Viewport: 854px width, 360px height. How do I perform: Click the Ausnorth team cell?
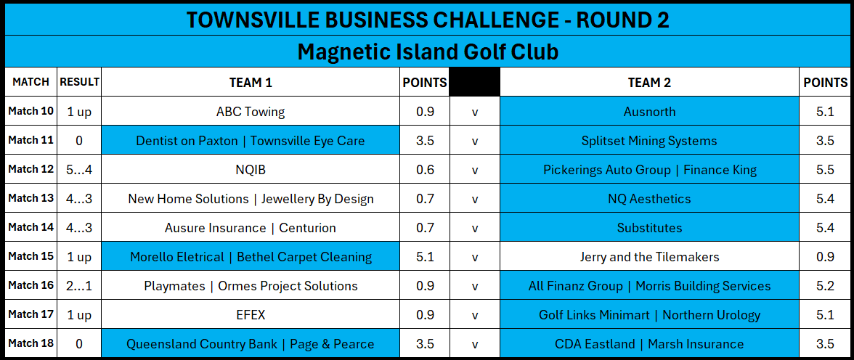649,112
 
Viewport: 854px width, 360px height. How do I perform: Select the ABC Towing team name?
251,112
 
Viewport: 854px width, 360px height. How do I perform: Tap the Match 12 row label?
30,169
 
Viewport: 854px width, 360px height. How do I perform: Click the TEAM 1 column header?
251,82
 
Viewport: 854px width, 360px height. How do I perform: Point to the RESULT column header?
80,82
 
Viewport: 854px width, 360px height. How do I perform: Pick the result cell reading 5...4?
80,170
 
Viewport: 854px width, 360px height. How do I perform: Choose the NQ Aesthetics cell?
649,199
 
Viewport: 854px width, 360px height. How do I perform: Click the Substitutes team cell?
649,228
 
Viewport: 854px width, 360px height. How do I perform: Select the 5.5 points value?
825,170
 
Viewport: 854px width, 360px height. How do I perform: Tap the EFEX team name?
251,315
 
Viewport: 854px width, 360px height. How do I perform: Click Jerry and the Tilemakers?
649,257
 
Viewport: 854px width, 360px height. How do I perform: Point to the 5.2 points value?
825,286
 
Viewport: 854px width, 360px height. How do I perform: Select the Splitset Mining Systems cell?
649,141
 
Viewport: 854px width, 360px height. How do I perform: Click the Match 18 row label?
30,343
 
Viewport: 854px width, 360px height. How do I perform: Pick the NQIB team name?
251,170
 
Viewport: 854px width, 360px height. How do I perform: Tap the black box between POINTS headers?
474,82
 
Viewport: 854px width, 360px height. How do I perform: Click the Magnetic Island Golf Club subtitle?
428,52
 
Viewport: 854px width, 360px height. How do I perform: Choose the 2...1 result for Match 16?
80,286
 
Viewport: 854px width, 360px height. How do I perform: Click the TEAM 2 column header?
649,82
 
